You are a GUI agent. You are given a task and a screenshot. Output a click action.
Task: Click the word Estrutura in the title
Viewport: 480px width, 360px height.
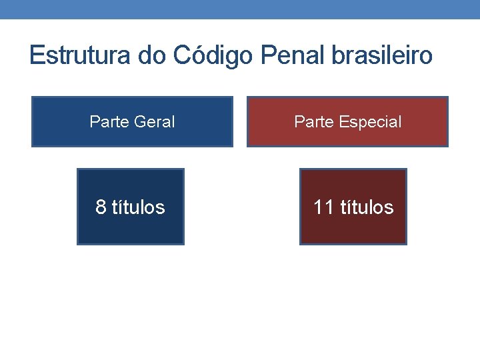tap(81, 55)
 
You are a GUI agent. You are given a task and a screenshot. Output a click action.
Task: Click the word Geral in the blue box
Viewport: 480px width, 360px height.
tap(154, 122)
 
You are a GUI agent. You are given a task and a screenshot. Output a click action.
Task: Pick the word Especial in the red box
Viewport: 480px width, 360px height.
tap(370, 122)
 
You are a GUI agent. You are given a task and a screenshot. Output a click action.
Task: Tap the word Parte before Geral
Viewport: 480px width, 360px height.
tap(109, 122)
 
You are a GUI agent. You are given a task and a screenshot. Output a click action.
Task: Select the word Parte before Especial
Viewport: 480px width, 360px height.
tap(315, 122)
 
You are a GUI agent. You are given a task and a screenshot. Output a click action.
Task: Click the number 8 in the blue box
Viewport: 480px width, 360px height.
tap(101, 207)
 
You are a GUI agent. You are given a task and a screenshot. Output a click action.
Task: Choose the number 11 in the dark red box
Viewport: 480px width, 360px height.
tap(323, 207)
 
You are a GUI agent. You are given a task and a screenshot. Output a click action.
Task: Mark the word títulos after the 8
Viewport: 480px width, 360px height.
tap(139, 207)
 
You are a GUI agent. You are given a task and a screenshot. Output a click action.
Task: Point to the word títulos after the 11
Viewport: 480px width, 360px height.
tap(367, 207)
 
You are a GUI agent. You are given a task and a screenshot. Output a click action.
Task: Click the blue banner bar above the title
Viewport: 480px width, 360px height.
tap(240, 9)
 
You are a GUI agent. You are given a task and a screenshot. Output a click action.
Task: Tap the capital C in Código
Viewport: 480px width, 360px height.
tap(181, 55)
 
